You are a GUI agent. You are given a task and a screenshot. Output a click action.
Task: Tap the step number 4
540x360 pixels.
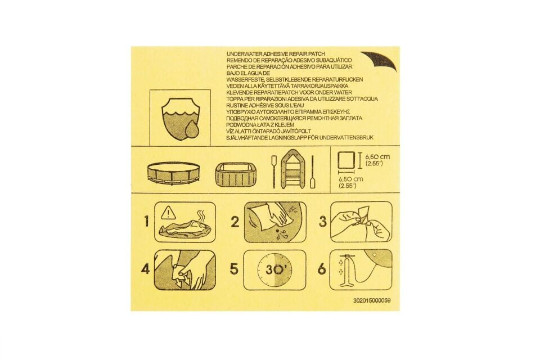146,269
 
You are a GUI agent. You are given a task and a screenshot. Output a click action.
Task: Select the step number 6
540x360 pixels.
322,269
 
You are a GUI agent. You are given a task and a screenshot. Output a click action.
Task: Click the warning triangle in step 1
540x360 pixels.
168,213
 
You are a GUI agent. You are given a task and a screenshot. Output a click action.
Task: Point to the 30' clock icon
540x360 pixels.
275,270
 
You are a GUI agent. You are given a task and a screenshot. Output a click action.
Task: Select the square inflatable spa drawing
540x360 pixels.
235,174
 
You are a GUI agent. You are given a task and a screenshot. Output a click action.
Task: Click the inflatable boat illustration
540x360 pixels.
293,169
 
